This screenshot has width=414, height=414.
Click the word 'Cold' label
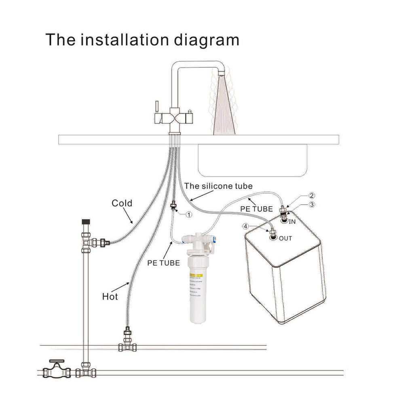122,203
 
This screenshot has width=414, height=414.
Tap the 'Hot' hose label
110,296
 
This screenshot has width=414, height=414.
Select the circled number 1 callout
188,215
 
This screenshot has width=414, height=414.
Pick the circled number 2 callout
312,196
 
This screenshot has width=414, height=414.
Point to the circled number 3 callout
312,205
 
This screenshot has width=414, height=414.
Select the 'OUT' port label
285,238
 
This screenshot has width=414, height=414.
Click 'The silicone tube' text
218,186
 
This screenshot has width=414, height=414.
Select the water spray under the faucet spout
224,105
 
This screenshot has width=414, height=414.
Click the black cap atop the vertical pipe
85,222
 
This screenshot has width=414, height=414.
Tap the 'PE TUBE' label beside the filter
163,263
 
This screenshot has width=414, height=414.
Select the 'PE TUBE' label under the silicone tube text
257,209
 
